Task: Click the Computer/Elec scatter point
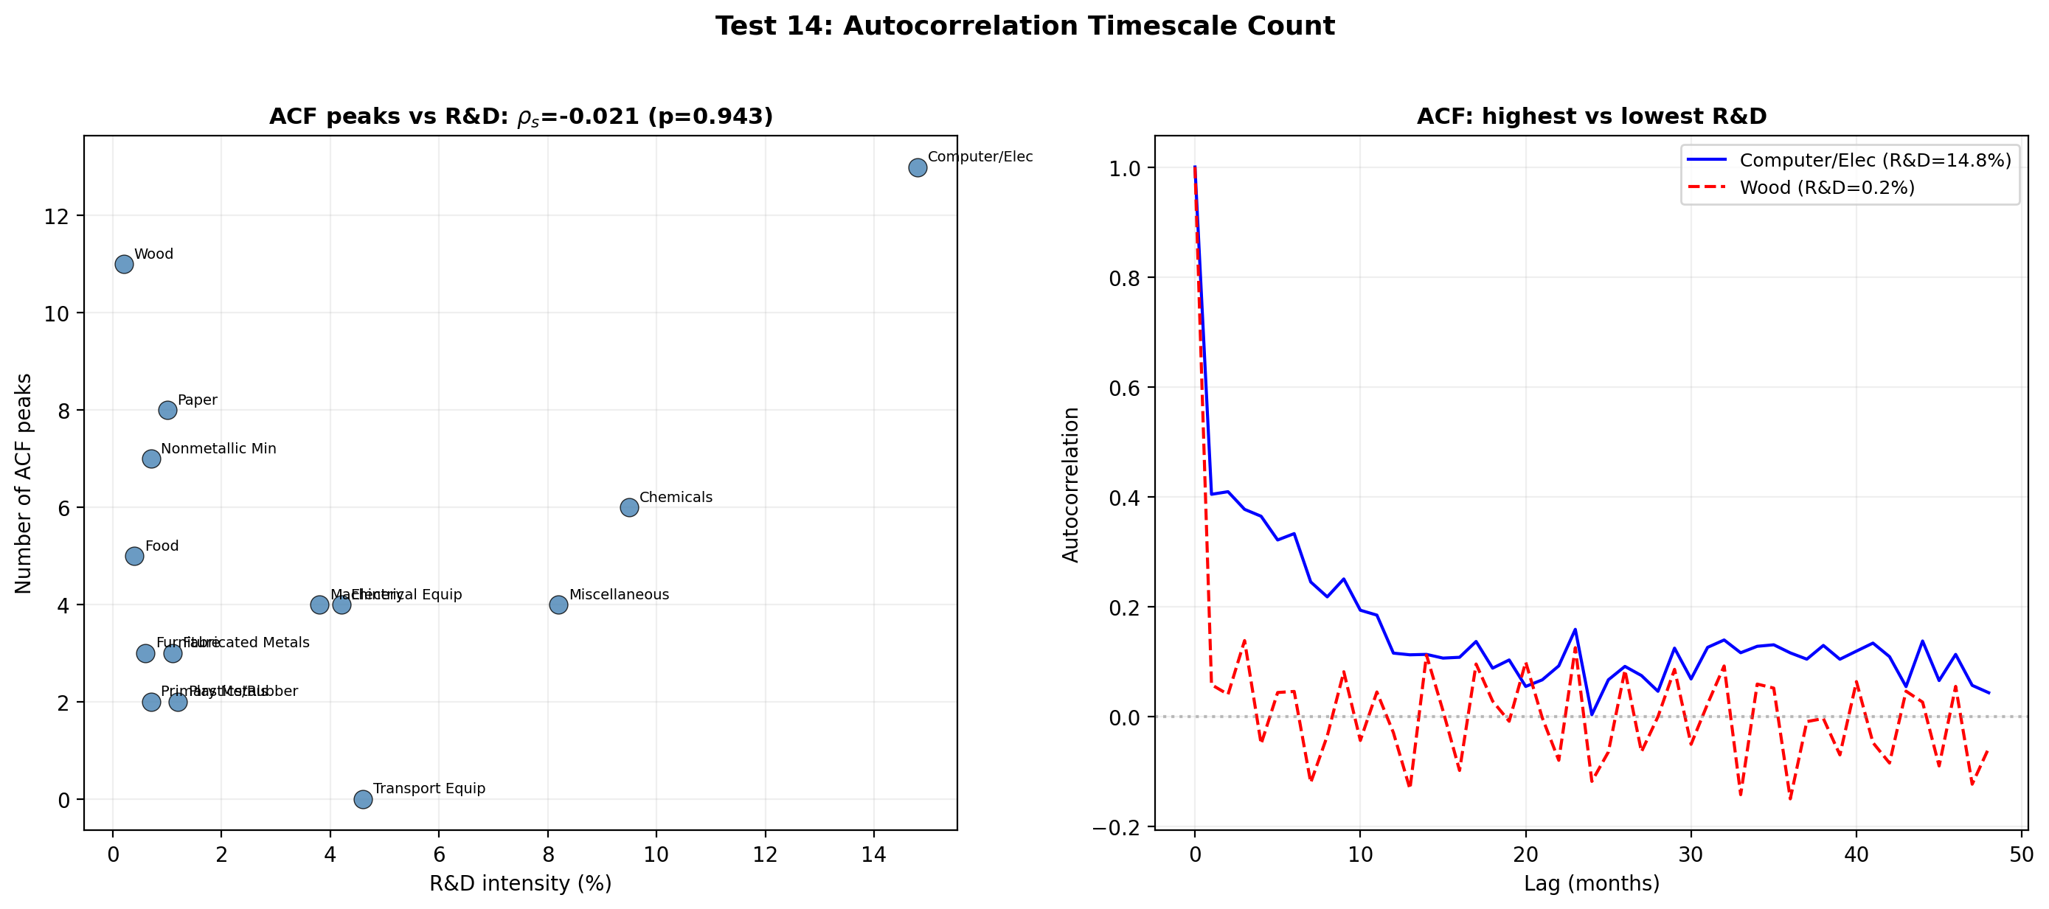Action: (x=917, y=168)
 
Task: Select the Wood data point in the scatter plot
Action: (x=124, y=264)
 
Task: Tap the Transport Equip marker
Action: (x=363, y=799)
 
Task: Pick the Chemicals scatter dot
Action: (x=629, y=507)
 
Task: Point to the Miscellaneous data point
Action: (x=558, y=605)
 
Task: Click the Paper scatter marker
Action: (x=167, y=411)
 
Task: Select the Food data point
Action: (x=134, y=556)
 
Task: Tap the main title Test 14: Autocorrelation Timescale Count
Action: (x=1024, y=27)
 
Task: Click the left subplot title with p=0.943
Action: (x=521, y=117)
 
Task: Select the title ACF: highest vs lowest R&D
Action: (x=1591, y=117)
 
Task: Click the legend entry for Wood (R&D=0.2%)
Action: (x=1826, y=188)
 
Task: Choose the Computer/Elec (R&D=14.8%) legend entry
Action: (x=1875, y=160)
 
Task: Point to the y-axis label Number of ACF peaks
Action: (x=24, y=484)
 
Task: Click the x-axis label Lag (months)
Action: (x=1591, y=883)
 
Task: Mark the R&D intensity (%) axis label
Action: (x=520, y=883)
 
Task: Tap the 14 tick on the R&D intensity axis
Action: (x=873, y=855)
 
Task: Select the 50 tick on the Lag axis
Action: (x=2021, y=855)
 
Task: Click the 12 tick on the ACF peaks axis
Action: (x=57, y=216)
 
